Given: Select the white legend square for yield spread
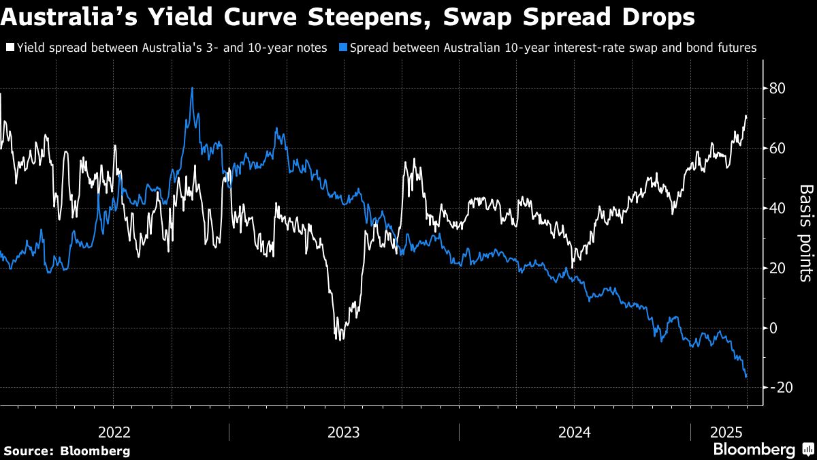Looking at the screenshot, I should (10, 48).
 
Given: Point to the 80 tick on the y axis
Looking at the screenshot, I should (778, 89).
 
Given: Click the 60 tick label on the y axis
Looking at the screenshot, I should (778, 149).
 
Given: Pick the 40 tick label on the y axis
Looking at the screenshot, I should (778, 209).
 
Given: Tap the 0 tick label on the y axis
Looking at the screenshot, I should (774, 328).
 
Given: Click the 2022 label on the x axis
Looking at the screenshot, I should (114, 432).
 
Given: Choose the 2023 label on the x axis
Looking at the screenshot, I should (344, 432).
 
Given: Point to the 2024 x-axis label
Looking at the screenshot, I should (574, 432).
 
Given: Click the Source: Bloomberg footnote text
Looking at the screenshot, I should (67, 450).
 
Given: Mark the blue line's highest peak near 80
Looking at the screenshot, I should (192, 88).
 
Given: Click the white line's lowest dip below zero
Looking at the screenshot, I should (339, 339).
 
